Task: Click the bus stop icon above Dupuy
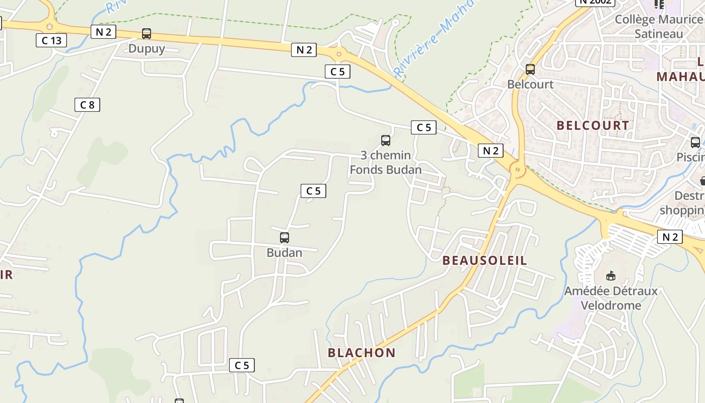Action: pos(146,34)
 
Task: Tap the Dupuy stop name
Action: pos(147,49)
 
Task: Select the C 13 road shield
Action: pos(51,40)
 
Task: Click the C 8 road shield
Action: pos(87,105)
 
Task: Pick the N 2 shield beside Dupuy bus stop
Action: pos(103,32)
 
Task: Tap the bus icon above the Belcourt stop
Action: pos(530,70)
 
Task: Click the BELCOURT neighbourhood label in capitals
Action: pos(593,125)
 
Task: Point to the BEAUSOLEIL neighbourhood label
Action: pos(484,260)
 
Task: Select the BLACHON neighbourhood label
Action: pos(362,353)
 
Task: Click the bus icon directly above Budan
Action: pos(285,238)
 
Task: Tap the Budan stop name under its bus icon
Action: pos(285,252)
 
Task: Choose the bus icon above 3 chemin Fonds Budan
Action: pos(386,141)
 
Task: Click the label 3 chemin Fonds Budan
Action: pos(386,162)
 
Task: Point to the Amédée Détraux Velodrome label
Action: pos(611,298)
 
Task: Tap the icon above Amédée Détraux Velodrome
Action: pos(611,276)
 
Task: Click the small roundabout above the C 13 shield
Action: pos(49,27)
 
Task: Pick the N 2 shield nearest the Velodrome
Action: pos(670,237)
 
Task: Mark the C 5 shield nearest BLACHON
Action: pos(242,365)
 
